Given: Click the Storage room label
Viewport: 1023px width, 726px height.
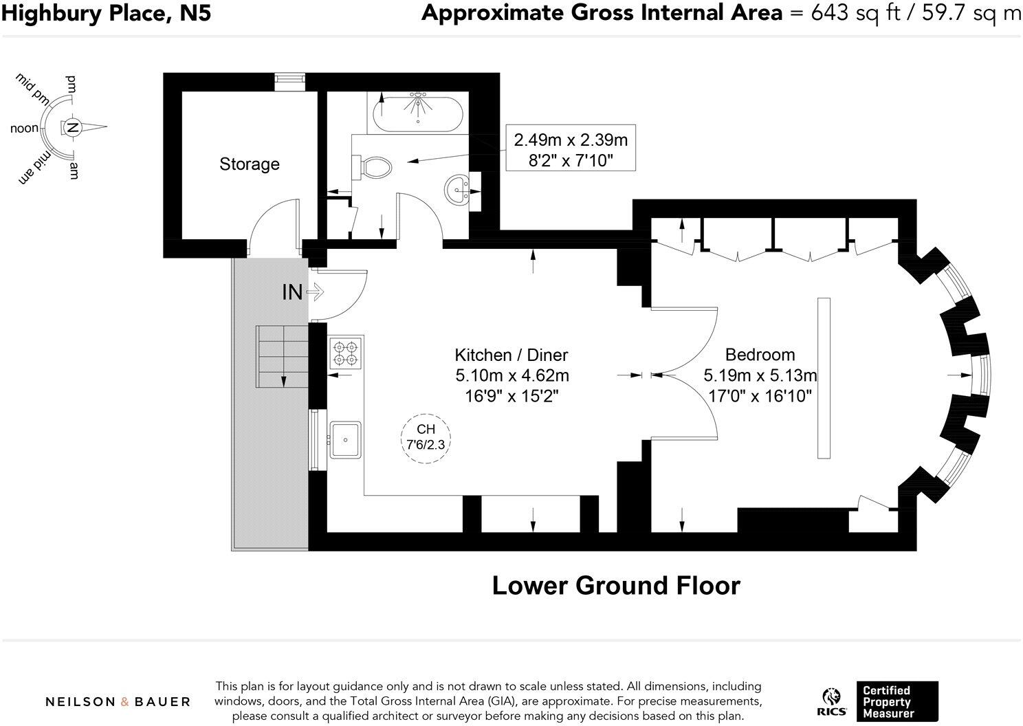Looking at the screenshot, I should point(249,164).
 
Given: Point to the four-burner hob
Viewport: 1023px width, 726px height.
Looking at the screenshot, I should point(346,353).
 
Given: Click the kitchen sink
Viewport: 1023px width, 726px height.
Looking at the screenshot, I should point(345,439).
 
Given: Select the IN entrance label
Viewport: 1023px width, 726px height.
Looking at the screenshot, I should point(292,292).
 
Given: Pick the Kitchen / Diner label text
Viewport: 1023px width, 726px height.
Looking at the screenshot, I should point(511,355).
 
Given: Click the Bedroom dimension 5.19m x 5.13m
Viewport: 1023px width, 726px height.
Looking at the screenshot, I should point(760,375).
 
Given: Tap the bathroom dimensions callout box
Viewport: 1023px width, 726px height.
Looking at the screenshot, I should point(571,148).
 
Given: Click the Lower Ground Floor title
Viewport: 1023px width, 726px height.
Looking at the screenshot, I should point(616,586).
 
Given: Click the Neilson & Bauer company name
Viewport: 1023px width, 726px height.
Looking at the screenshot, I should point(118,702).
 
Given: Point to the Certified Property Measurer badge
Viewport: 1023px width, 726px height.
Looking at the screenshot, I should point(896,701).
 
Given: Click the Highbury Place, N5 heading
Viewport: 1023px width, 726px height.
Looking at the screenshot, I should point(106,13).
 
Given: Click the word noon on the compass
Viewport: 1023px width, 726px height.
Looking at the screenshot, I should point(24,129).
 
